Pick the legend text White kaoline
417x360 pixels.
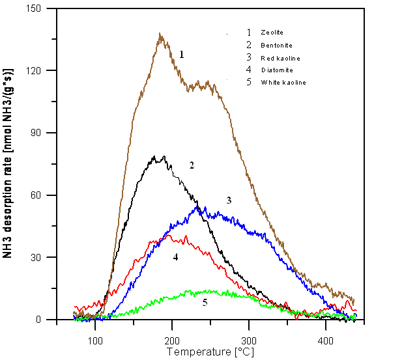pos(283,82)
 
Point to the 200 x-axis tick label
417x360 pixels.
pos(172,341)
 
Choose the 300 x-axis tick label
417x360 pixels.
pos(249,341)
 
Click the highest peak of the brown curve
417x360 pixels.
pos(160,35)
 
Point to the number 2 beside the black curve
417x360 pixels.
pos(192,165)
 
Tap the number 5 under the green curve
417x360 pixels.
pos(205,303)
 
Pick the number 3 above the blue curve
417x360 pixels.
pos(229,201)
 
